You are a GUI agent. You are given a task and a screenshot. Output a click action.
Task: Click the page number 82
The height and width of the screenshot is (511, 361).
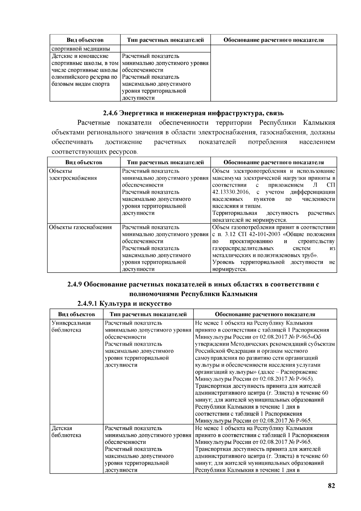331,486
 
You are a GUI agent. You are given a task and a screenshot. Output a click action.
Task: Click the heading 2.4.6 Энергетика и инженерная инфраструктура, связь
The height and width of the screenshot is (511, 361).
193,113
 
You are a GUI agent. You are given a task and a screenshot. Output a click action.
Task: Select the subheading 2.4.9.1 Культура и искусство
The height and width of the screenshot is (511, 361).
124,303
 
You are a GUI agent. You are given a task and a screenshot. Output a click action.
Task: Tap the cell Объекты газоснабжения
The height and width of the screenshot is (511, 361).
80,227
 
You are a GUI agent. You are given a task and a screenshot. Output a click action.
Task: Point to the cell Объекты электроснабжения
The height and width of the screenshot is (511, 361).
73,175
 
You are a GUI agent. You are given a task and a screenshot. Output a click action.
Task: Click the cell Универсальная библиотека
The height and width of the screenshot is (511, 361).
71,327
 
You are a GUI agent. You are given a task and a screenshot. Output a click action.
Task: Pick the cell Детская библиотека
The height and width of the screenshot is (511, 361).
66,432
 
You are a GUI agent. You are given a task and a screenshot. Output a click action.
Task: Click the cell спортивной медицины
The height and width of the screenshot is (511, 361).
81,49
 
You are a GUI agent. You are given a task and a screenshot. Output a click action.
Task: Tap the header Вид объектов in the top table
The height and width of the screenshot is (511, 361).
85,40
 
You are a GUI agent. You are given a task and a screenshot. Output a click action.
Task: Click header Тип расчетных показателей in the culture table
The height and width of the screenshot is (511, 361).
148,314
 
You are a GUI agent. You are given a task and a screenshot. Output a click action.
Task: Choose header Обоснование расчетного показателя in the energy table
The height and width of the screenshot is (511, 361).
273,162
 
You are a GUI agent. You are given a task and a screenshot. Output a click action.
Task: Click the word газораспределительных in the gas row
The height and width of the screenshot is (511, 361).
243,248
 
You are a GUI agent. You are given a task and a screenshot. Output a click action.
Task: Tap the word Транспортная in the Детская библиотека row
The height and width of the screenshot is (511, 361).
214,449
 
